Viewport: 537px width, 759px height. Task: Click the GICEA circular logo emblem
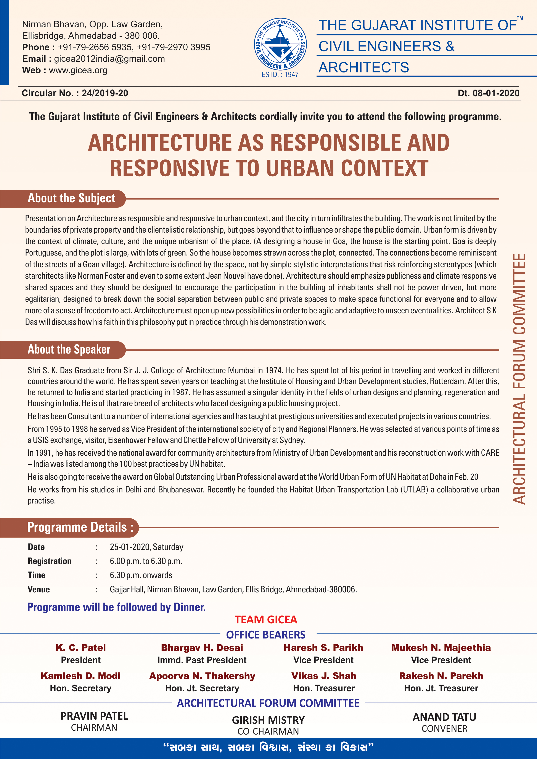tap(280, 45)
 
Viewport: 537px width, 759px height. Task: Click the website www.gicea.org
tap(78, 70)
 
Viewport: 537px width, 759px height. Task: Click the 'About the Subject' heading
tap(71, 198)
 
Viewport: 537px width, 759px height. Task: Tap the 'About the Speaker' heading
tap(69, 349)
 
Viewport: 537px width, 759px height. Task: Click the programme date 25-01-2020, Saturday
tap(146, 547)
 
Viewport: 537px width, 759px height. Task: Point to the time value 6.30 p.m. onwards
tap(141, 575)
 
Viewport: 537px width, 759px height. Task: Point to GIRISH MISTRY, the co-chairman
tap(268, 720)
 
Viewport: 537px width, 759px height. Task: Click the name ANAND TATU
tap(444, 717)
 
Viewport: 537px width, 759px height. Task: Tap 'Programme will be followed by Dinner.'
tap(116, 607)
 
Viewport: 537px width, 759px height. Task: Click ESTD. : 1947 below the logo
tap(280, 75)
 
